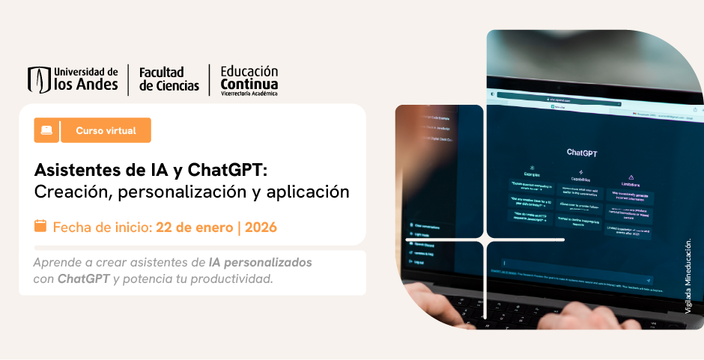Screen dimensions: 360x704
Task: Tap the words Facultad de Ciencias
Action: (169, 79)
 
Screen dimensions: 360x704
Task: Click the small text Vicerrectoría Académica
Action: (249, 94)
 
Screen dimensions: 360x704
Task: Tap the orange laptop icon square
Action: (46, 130)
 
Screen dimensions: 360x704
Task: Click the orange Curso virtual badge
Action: (106, 130)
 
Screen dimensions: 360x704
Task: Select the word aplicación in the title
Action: (307, 192)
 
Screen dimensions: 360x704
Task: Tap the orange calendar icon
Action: (40, 226)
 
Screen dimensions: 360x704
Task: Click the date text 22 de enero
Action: (194, 227)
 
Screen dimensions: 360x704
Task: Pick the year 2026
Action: (261, 227)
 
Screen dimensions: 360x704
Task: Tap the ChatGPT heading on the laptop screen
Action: (581, 152)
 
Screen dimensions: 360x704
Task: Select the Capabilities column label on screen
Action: (580, 180)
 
